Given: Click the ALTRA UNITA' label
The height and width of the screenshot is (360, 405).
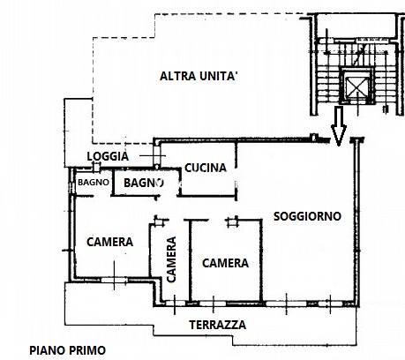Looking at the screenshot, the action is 199,76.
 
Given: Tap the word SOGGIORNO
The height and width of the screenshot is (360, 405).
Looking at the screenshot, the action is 307,216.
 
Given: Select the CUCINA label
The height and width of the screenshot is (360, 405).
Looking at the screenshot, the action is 206,168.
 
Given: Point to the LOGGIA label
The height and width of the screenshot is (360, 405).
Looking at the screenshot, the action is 108,156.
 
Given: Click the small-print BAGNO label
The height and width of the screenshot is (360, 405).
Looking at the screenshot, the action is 94,183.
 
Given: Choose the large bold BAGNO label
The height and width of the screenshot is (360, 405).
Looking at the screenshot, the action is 144,183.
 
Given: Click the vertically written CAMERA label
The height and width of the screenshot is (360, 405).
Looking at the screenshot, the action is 171,259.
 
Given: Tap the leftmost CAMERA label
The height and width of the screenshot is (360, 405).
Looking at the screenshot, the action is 109,242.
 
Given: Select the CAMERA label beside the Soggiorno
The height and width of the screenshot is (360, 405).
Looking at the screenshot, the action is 225,263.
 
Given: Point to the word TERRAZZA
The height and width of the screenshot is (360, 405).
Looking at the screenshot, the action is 218,325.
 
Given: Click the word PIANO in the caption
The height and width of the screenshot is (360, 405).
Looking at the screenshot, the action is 48,350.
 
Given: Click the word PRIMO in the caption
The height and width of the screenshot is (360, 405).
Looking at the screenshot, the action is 87,350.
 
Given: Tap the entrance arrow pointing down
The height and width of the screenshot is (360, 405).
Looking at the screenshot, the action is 339,126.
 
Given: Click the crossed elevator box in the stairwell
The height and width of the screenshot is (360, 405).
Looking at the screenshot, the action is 356,86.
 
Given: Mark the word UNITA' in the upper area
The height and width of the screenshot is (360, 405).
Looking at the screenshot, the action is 219,76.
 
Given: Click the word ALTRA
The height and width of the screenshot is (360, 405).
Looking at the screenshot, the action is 178,76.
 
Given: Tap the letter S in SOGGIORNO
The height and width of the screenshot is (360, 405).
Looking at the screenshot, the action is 277,216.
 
